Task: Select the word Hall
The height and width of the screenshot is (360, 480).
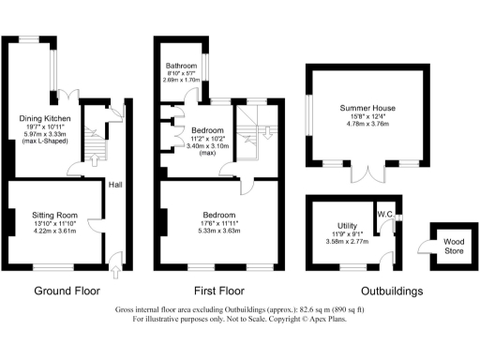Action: pos(114,185)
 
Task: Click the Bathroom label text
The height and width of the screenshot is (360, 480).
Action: pos(182,66)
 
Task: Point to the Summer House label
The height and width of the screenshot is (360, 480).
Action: pos(367,108)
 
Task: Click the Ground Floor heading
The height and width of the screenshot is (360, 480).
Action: pos(67,291)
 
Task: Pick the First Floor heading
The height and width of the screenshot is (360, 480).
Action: pos(219,291)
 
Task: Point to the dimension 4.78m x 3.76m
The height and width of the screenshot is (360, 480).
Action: pos(367,123)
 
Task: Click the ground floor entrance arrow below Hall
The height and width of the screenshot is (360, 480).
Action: pos(114,272)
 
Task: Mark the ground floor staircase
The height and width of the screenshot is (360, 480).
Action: pos(92,141)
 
